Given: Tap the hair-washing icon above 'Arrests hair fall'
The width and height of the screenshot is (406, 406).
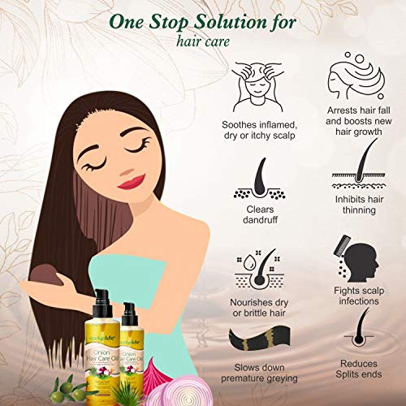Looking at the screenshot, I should point(354,79).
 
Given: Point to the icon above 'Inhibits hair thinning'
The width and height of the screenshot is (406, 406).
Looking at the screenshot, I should point(354,166).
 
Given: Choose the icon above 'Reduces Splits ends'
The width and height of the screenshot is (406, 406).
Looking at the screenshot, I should point(355,339).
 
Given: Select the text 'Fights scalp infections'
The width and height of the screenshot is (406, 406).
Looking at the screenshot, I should point(355,296).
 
